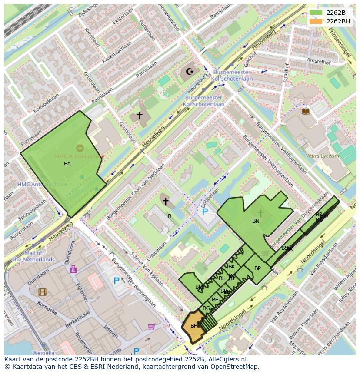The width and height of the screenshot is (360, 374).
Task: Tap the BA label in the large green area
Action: click(x=67, y=164)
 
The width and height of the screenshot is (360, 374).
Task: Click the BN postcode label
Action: click(x=256, y=221)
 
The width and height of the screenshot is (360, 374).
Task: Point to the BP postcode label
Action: click(x=257, y=268)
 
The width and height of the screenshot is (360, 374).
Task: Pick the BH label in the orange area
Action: click(x=194, y=325)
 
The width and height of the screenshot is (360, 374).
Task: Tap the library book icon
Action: click(x=306, y=111)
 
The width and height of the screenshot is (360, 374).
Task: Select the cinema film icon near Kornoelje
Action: click(x=42, y=292)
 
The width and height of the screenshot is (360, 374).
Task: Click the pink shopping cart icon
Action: click(x=151, y=326)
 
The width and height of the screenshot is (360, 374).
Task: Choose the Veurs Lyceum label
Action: click(x=322, y=156)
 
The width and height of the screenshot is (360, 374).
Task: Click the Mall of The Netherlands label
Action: click(x=33, y=256)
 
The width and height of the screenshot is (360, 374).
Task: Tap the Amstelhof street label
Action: click(x=318, y=61)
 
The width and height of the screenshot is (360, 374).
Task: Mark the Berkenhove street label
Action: click(x=77, y=319)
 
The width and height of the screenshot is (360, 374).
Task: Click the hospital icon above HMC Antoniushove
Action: click(x=80, y=148)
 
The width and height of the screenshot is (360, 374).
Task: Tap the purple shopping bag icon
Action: click(x=73, y=269)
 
